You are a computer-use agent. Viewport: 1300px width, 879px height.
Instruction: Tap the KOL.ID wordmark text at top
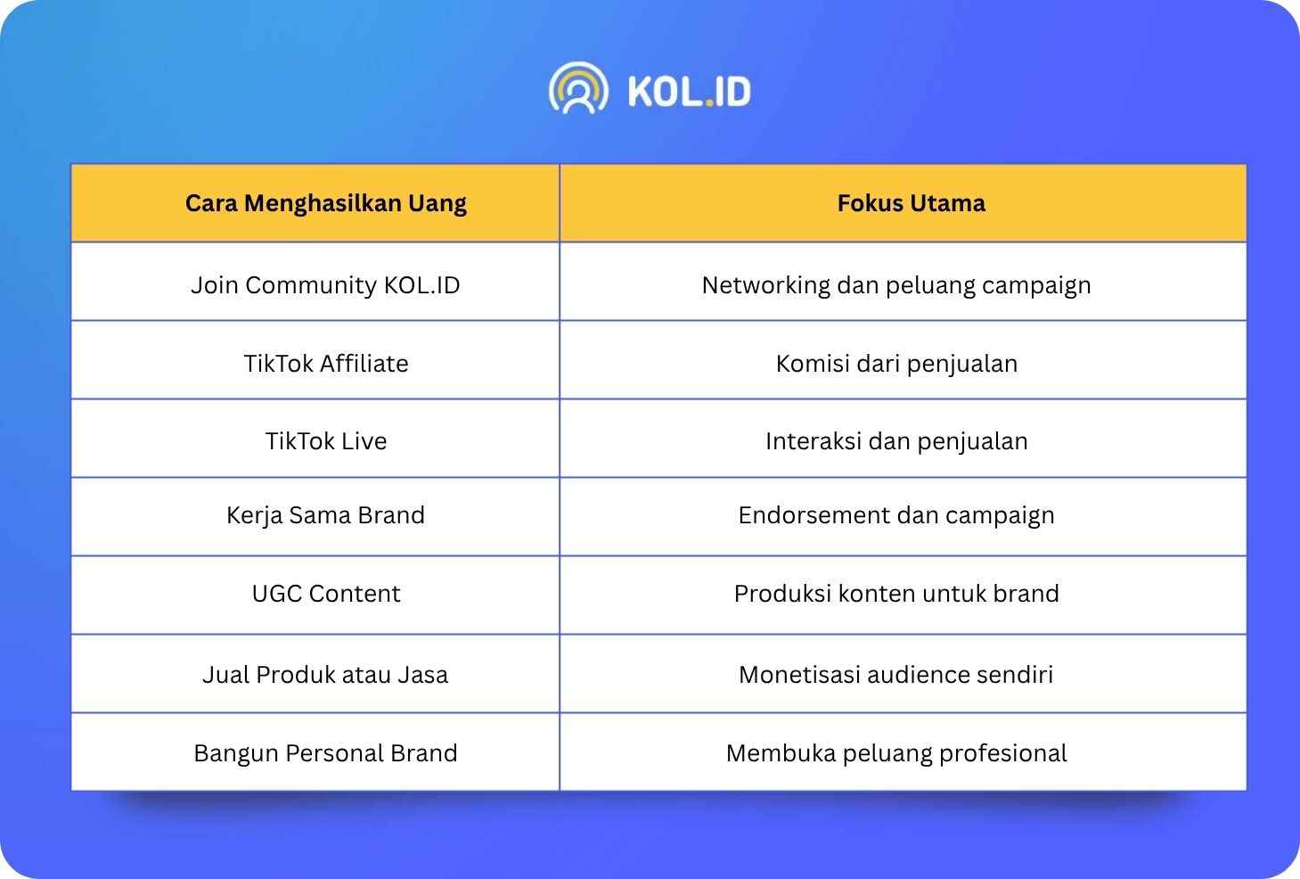(x=690, y=92)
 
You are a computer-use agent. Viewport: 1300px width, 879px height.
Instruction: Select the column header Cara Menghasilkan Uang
(x=325, y=203)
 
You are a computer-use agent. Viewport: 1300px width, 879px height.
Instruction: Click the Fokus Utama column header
(x=912, y=203)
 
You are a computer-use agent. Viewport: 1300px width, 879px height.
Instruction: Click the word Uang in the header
(x=437, y=204)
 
